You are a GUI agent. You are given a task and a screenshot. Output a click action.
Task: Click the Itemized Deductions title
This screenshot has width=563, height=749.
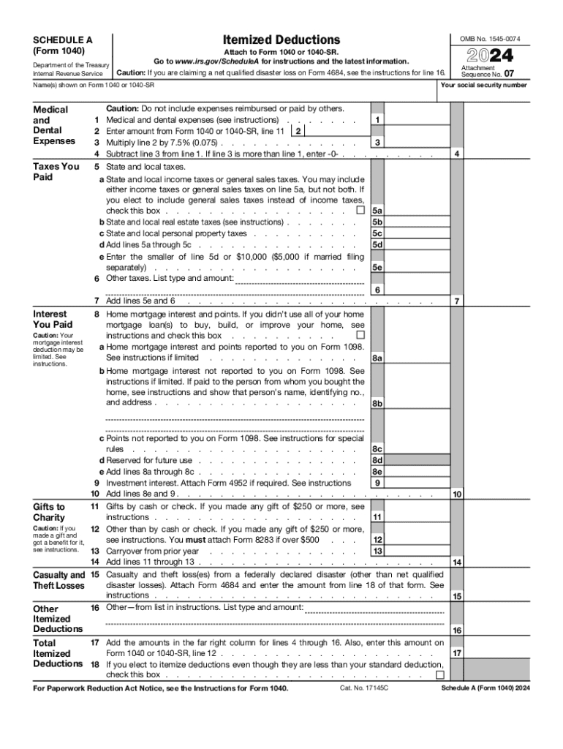(281, 39)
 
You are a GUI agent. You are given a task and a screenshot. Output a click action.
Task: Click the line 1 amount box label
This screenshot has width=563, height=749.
(377, 119)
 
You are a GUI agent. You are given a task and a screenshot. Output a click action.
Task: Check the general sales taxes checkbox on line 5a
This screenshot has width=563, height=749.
(360, 211)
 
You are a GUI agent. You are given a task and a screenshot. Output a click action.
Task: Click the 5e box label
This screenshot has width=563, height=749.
(377, 268)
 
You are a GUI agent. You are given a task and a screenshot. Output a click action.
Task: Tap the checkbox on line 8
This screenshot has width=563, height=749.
(360, 336)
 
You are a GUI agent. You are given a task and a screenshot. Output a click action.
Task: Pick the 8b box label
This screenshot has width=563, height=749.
(377, 403)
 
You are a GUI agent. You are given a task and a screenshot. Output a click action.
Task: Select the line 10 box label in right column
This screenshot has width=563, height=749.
(456, 494)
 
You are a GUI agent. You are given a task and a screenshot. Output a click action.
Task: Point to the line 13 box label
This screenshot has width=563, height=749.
(377, 551)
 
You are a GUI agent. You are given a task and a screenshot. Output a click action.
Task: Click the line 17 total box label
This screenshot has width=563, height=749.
(456, 653)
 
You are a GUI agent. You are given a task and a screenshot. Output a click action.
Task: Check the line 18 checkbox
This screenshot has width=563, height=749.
(439, 674)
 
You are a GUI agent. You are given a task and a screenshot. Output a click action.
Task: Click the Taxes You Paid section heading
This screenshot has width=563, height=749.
(57, 171)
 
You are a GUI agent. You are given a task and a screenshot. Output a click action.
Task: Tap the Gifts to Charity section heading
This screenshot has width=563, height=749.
(50, 512)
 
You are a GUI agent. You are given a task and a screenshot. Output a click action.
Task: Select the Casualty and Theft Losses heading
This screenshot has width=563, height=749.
(58, 581)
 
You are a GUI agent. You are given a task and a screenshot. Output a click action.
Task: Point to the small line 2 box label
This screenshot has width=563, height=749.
(298, 131)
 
